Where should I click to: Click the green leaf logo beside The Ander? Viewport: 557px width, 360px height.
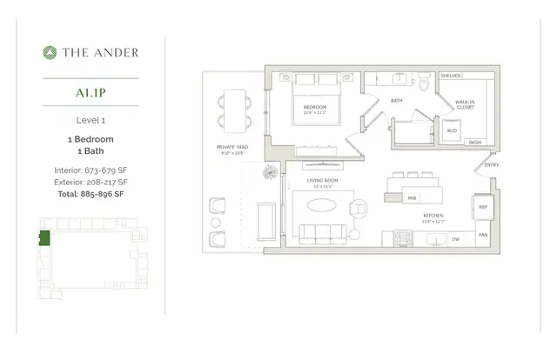coord(50,52)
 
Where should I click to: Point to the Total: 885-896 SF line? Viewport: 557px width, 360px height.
coord(91,195)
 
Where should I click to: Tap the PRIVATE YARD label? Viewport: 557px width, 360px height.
coord(232,147)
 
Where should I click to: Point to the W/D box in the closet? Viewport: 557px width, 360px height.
coord(452,130)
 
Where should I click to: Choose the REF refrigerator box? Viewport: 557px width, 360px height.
coord(483,206)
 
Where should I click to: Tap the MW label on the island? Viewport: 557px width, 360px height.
coord(411,197)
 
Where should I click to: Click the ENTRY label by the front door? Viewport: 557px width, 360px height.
coord(492,165)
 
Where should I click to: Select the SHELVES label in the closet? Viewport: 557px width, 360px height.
coord(451,76)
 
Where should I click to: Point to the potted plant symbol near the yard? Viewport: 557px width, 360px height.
coord(270,170)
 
